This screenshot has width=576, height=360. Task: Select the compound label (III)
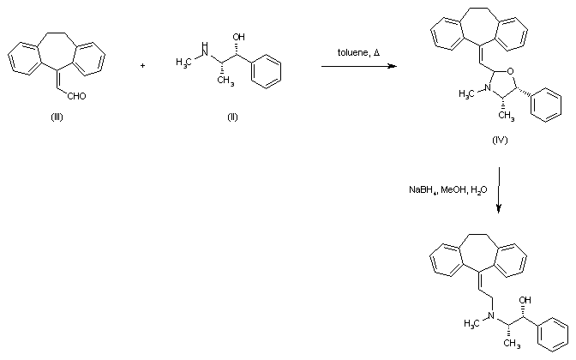click(x=57, y=117)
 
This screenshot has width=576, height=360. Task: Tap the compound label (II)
click(x=232, y=117)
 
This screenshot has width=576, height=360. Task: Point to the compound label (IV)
click(x=500, y=140)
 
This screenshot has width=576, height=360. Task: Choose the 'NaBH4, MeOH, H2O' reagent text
click(x=447, y=189)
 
